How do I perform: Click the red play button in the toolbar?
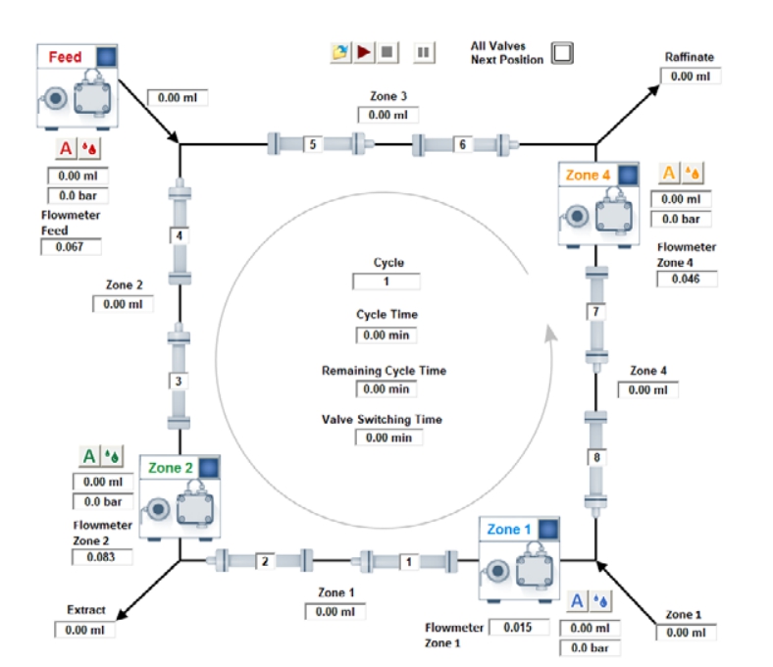click(364, 52)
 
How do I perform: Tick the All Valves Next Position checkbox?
click(562, 52)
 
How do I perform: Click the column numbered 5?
click(313, 144)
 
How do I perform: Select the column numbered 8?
click(596, 457)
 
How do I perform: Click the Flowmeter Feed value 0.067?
click(71, 247)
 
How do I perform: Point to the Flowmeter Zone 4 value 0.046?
click(687, 279)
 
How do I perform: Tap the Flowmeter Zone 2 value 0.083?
click(102, 557)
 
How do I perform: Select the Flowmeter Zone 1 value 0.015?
click(519, 627)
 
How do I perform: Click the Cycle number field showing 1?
click(386, 282)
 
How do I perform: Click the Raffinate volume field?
click(691, 77)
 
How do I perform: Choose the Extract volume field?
click(84, 630)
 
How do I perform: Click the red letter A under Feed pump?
click(66, 148)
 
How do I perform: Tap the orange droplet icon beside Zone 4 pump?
click(693, 173)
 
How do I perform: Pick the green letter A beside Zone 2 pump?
click(89, 456)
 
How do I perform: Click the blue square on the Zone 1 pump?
click(548, 529)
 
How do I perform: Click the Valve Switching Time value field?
click(388, 437)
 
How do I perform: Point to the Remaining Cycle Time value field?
click(386, 389)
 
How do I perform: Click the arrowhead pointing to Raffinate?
click(653, 90)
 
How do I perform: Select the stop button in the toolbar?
click(387, 52)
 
